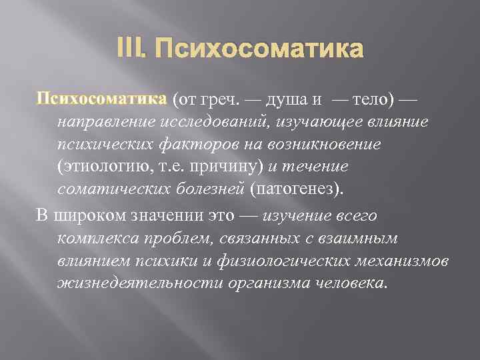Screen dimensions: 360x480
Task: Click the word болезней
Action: coord(213,188)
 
